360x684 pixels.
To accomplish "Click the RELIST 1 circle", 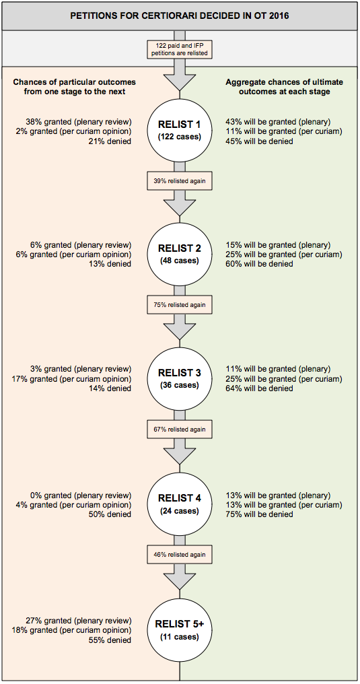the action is [180, 130].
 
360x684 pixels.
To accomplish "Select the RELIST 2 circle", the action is [180, 254].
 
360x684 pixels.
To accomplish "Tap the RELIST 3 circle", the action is [180, 378].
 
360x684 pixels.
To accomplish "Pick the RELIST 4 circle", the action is [180, 504].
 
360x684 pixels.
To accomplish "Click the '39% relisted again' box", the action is [180, 180].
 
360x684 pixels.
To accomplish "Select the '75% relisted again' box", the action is [180, 305].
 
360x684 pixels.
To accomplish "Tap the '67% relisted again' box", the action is [180, 430].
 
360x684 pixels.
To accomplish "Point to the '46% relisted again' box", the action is [180, 555].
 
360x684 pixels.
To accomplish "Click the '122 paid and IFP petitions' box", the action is [180, 49].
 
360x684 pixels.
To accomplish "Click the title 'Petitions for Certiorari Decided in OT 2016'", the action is [180, 17].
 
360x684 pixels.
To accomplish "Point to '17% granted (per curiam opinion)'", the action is [72, 378].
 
